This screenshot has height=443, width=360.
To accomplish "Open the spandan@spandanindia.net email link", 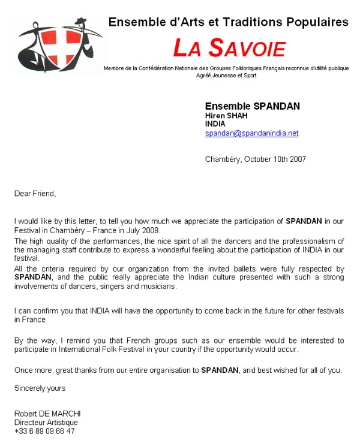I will point(251,133).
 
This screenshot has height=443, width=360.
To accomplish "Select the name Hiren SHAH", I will point(226,116).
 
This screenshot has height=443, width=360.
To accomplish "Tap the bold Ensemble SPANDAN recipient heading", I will point(252,106).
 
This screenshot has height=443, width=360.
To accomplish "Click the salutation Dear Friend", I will point(35,193).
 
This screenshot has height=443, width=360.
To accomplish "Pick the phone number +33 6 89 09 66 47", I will point(44,431).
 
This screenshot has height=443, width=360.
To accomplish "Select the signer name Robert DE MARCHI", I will point(47,414).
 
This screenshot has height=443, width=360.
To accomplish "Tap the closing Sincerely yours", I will point(40,388).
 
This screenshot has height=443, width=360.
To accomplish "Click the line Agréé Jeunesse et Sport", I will point(226,76).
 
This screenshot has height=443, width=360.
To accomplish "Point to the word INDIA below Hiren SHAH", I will point(215,124).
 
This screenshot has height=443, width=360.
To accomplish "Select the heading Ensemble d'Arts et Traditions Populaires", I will point(228,22).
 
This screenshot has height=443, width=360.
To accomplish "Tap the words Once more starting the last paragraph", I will point(32,370).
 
